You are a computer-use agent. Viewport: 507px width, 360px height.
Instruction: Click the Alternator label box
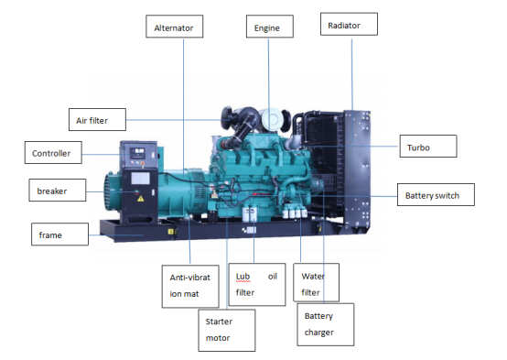(x=173, y=27)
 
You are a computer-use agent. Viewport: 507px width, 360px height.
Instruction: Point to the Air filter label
(x=97, y=118)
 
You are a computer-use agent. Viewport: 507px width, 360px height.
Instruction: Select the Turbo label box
(x=427, y=146)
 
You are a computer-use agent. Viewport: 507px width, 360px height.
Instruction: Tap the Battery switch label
(x=438, y=195)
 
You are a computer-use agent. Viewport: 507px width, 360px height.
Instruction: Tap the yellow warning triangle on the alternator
(x=139, y=196)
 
